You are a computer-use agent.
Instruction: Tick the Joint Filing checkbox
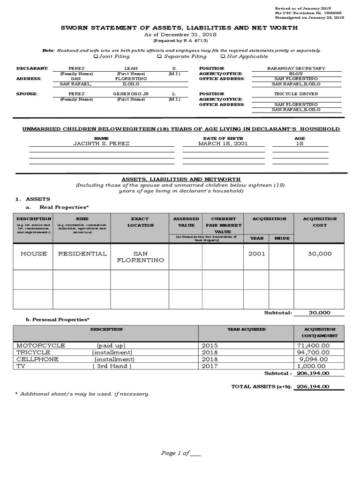[96, 57]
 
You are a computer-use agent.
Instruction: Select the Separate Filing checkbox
[159, 57]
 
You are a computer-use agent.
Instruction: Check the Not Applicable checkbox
[222, 57]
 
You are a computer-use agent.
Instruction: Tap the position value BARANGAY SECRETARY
[296, 68]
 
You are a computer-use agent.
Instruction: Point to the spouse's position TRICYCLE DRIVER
[296, 94]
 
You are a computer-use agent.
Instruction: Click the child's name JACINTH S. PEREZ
[101, 143]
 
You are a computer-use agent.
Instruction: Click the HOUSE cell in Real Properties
[33, 254]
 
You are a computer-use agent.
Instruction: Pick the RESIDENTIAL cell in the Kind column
[82, 254]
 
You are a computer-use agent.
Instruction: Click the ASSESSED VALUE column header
[186, 222]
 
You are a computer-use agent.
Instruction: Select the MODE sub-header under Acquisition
[282, 238]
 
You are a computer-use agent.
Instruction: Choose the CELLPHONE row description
[37, 359]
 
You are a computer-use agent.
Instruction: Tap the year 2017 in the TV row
[210, 366]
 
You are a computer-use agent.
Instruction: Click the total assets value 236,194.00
[314, 387]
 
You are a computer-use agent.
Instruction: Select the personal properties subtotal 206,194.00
[314, 373]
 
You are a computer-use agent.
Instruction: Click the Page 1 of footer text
[174, 453]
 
